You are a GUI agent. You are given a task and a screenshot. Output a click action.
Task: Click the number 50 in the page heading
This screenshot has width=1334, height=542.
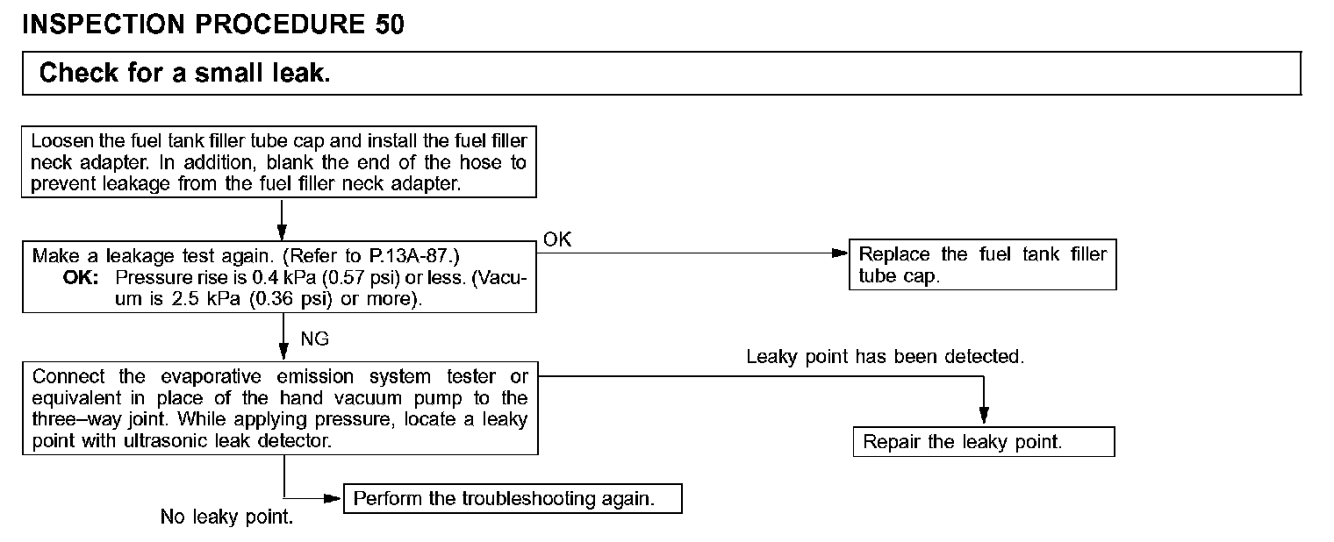coord(390,25)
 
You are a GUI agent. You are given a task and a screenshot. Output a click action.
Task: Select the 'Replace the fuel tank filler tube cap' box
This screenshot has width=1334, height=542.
coord(983,265)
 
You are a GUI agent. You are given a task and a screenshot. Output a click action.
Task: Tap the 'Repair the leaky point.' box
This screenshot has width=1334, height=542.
coord(984,441)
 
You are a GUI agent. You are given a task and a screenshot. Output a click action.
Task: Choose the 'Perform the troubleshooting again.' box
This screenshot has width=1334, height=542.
coord(513,498)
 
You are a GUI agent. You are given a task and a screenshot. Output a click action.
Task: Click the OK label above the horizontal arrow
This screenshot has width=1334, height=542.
coord(557,239)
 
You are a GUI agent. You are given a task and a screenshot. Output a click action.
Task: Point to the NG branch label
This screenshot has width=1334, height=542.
coord(314,339)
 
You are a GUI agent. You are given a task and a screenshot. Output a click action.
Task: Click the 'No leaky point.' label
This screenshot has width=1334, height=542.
coord(227,517)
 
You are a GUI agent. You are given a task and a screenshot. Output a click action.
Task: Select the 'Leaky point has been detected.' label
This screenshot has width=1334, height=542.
coord(885,356)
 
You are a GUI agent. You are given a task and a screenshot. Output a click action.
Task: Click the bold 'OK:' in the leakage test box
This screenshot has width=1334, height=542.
coord(81,277)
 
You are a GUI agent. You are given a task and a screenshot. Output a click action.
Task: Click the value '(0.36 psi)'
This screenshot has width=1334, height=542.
coord(290,299)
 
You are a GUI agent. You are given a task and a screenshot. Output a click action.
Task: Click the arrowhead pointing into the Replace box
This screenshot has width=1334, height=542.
coord(840,253)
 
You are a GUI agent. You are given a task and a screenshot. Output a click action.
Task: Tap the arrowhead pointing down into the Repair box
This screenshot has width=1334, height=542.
coord(984,416)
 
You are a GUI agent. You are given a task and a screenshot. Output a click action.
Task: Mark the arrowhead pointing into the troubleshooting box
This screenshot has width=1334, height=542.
coord(333,498)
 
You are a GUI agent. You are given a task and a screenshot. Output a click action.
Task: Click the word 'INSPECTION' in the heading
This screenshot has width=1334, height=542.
coord(104,25)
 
